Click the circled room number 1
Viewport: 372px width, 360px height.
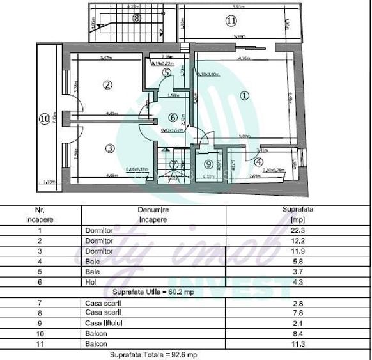(245, 96)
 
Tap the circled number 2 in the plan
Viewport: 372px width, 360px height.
(107, 84)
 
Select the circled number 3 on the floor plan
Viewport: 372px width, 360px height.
(109, 148)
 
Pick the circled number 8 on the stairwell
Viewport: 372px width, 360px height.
(136, 19)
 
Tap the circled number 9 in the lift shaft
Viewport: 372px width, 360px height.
(208, 164)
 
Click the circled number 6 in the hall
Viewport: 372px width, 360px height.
(172, 118)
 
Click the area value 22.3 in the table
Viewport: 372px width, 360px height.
(293, 230)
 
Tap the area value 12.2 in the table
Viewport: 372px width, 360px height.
(293, 240)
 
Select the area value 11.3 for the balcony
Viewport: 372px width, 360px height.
(293, 343)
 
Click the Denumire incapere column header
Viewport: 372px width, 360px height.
(151, 214)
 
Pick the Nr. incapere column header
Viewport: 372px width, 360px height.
(40, 214)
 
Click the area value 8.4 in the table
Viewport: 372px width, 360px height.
(293, 333)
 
